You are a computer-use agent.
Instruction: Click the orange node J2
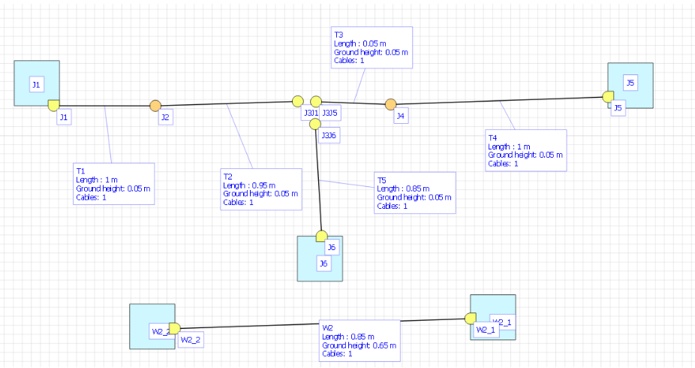click(155, 105)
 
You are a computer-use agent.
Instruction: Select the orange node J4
click(390, 104)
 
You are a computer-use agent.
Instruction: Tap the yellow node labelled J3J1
click(298, 101)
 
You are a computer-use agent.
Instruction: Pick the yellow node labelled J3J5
click(316, 101)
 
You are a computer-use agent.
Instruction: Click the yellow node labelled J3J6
click(316, 122)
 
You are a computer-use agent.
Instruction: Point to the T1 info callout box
click(113, 183)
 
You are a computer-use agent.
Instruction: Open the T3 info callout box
click(372, 47)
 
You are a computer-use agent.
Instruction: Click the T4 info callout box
click(525, 150)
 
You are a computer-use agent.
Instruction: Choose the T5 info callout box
click(414, 193)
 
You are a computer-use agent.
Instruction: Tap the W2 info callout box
click(360, 340)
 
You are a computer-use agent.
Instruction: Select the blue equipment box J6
click(320, 259)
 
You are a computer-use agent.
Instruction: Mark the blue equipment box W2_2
click(152, 326)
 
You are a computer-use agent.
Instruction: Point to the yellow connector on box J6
click(321, 236)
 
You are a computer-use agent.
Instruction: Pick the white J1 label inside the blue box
click(36, 84)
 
